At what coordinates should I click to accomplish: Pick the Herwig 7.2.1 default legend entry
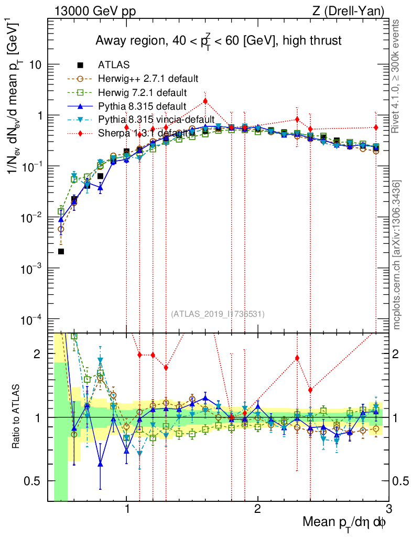point(142,93)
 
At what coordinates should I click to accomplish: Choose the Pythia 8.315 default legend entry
point(142,106)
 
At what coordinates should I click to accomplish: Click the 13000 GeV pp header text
point(95,10)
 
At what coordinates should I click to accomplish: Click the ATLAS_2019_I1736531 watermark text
point(218,314)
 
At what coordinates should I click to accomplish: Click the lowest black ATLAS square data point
point(61,252)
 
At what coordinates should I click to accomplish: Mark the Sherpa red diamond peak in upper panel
point(205,101)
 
